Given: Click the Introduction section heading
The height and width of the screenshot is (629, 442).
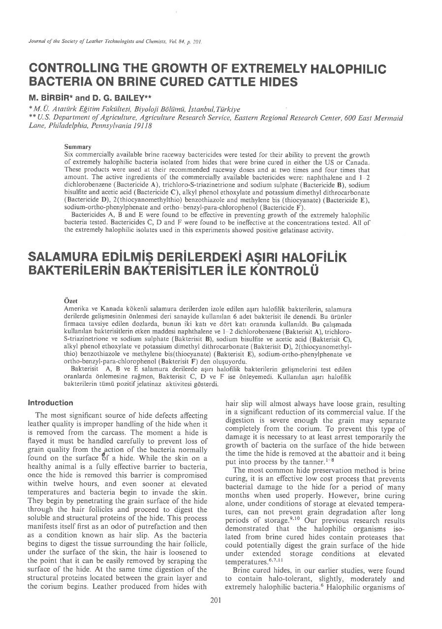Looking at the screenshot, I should click(x=51, y=403).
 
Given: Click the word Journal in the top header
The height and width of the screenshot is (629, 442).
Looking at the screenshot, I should click(x=38, y=42).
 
